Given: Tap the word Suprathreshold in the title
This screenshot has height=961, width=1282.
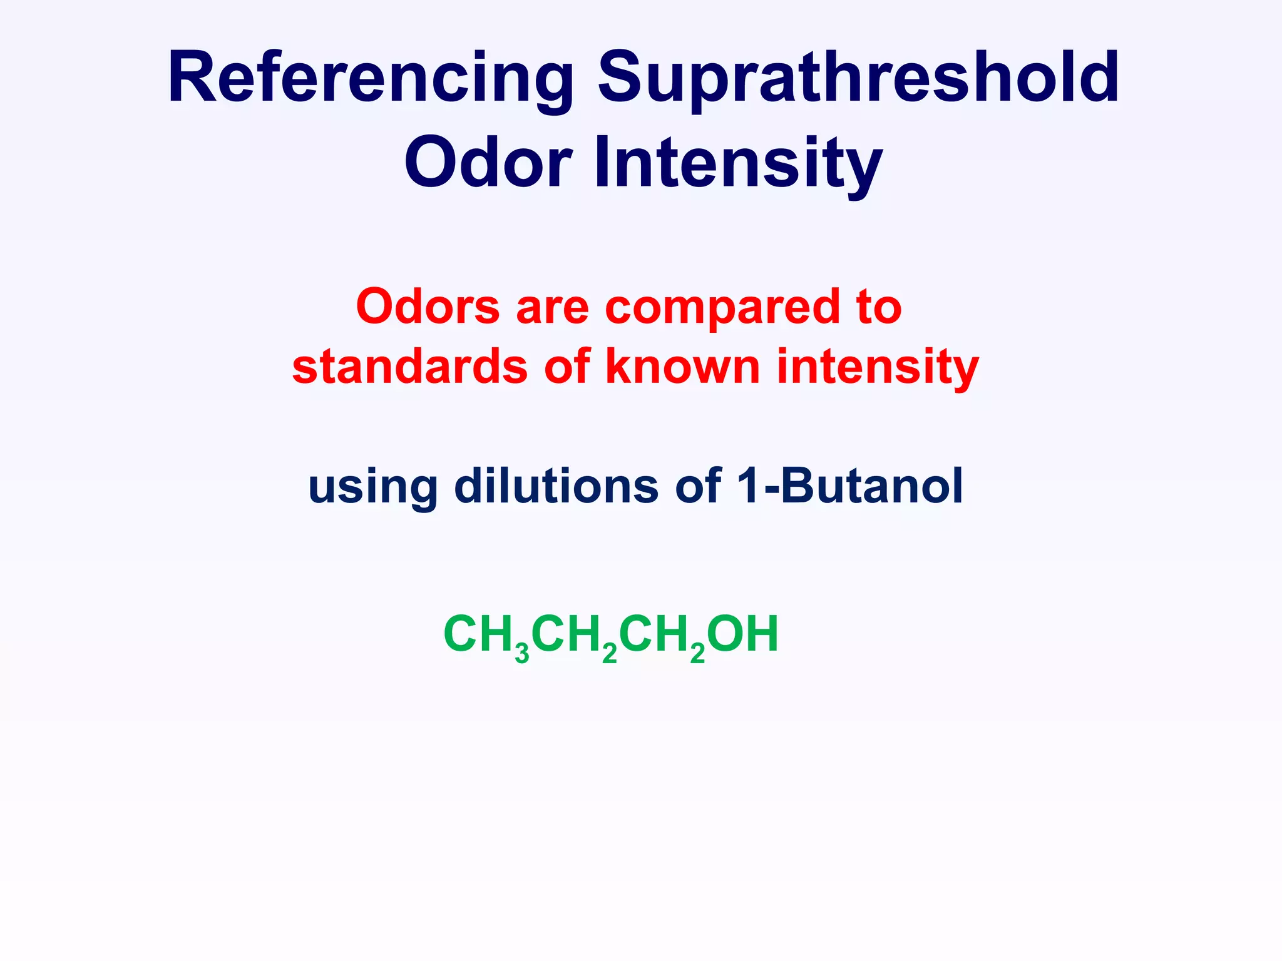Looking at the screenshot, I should (858, 78).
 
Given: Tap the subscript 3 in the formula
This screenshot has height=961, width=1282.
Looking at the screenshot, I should (522, 653).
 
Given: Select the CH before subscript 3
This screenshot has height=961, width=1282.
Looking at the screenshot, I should (479, 634).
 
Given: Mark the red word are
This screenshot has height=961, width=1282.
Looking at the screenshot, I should (552, 308).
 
